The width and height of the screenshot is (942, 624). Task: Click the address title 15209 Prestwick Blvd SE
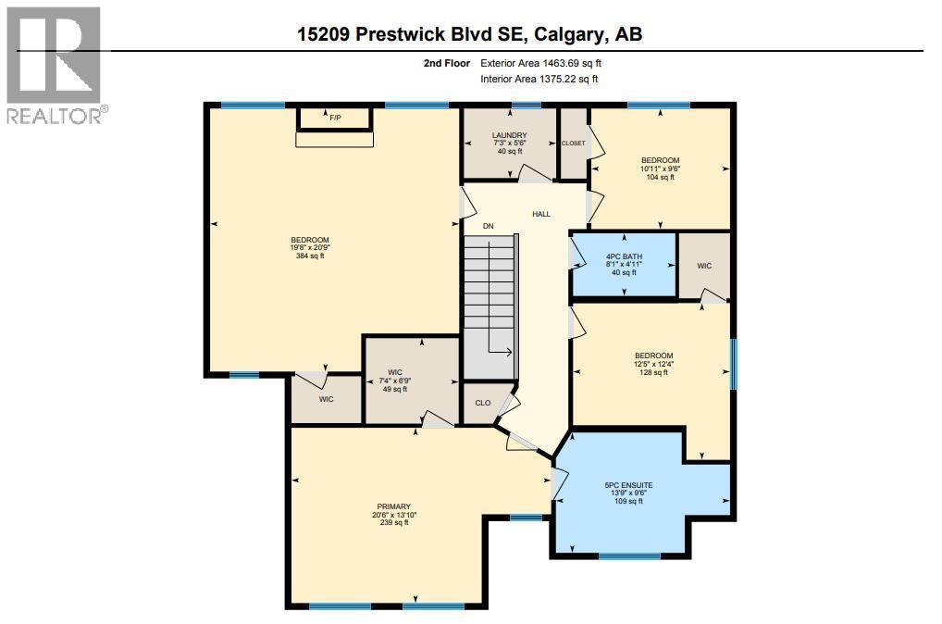click(469, 34)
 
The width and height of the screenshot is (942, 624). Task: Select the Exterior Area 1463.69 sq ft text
click(541, 63)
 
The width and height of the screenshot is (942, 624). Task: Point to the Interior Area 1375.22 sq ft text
click(539, 80)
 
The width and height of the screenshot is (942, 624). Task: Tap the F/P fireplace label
click(334, 118)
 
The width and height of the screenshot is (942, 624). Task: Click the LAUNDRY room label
click(509, 136)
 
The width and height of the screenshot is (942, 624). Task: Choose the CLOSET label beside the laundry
click(574, 144)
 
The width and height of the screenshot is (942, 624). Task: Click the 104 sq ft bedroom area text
click(661, 177)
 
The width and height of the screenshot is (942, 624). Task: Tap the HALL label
click(541, 214)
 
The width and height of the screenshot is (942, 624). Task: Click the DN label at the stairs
click(488, 225)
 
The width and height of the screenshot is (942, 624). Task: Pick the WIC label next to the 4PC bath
click(704, 265)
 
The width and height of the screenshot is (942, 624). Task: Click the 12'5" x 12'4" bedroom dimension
click(653, 364)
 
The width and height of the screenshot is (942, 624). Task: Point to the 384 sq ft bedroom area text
click(309, 256)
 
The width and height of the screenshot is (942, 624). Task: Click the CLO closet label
click(482, 403)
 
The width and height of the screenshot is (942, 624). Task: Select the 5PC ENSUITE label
click(628, 484)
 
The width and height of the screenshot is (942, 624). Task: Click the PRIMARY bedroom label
click(390, 506)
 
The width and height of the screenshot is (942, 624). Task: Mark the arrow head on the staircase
click(510, 352)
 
